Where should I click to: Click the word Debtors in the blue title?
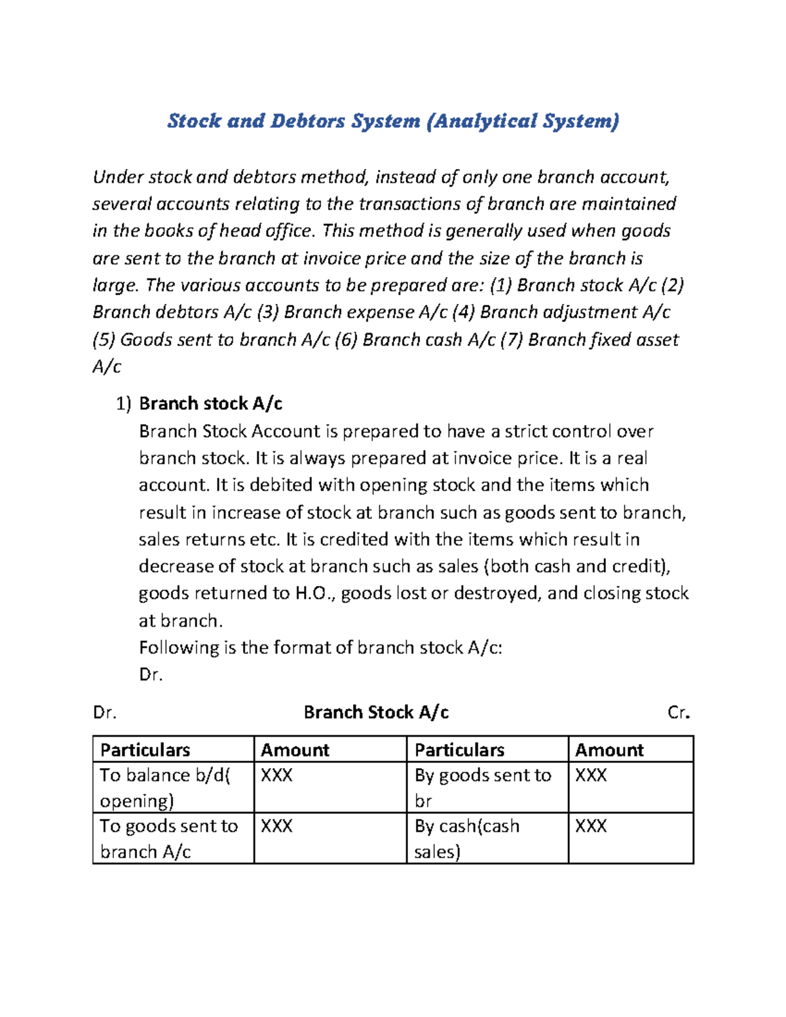click(x=308, y=121)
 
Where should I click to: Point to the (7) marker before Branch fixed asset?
click(x=512, y=340)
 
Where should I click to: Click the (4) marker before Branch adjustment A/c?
click(x=464, y=312)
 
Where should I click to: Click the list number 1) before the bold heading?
click(x=124, y=404)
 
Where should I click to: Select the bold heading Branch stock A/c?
click(x=210, y=403)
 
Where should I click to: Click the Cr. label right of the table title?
click(x=679, y=712)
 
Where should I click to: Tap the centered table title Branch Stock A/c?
click(x=376, y=712)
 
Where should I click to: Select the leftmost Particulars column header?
click(x=145, y=750)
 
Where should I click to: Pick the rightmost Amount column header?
click(x=609, y=750)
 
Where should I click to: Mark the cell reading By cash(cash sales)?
click(x=466, y=839)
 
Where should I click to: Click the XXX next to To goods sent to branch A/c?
click(x=276, y=826)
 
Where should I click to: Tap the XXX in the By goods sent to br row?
click(x=591, y=776)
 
